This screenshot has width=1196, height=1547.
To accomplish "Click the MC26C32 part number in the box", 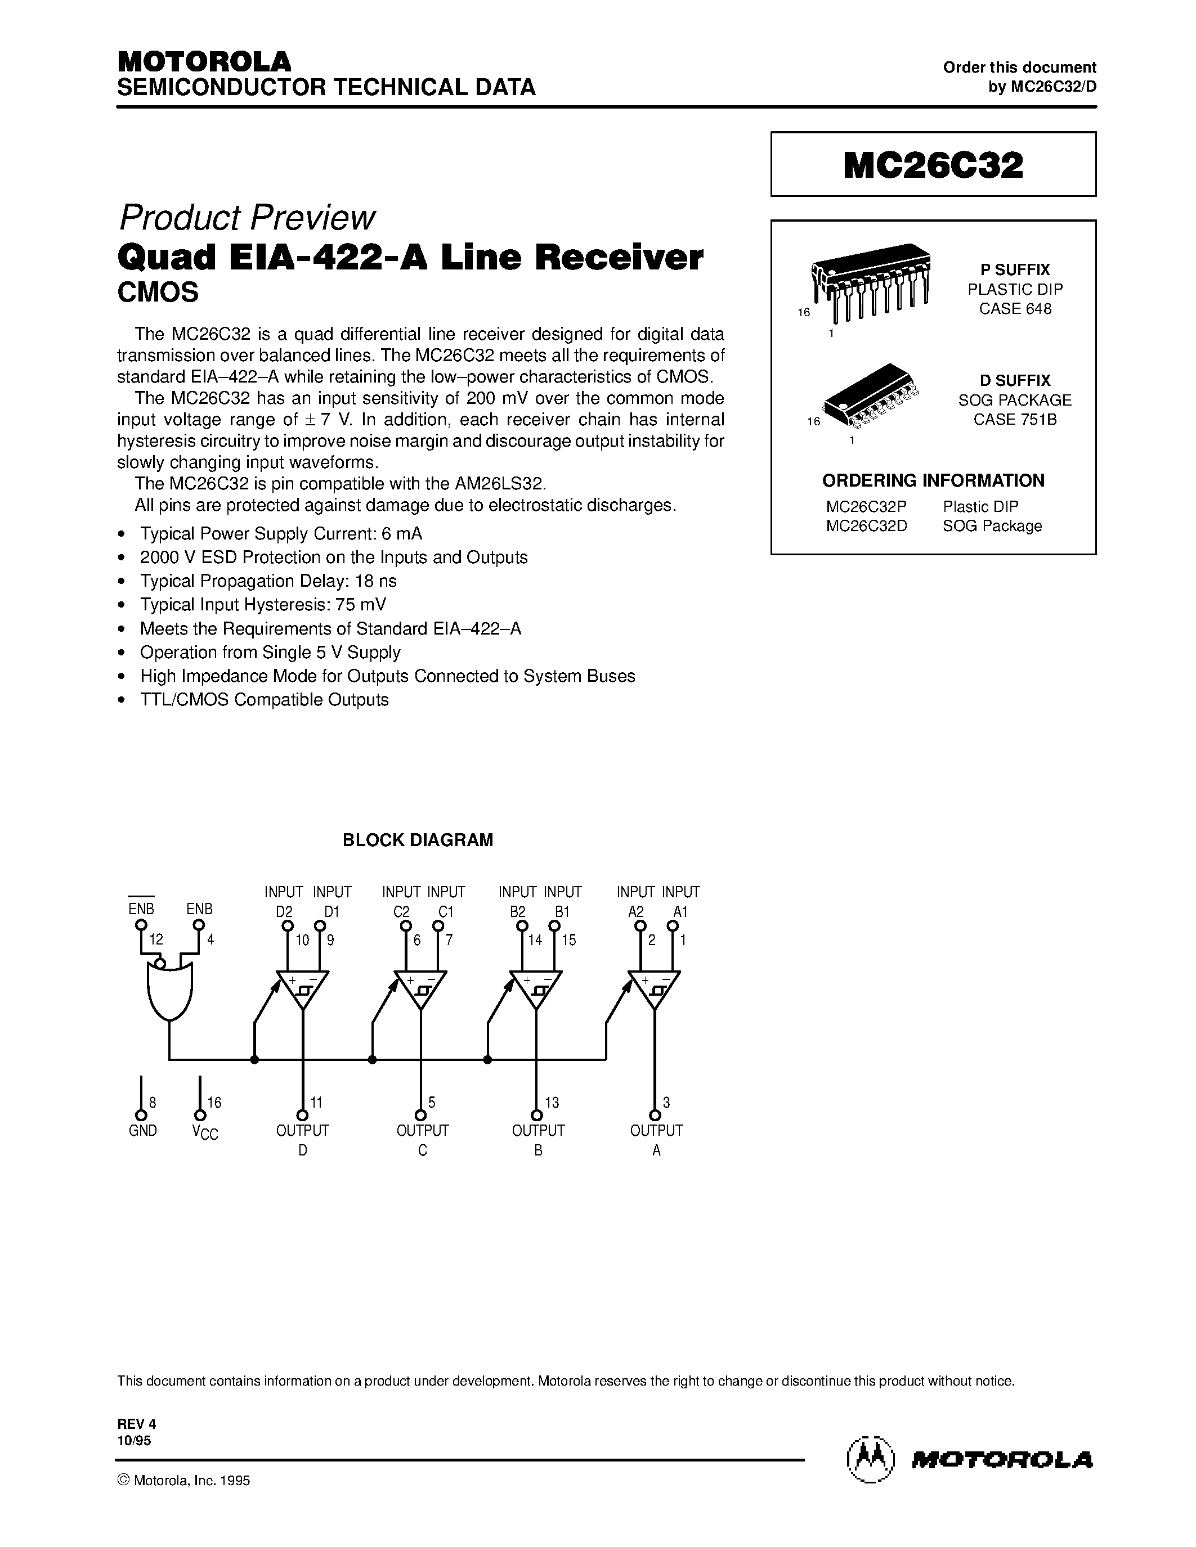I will point(933,165).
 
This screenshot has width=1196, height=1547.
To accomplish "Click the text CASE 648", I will point(1015,309).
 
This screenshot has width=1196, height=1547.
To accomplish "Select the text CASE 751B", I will point(1015,419).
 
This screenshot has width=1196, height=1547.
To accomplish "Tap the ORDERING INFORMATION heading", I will point(933,480).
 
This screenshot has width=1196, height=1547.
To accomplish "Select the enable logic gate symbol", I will point(169,990).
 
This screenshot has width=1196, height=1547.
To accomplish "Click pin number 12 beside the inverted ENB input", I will point(156,939).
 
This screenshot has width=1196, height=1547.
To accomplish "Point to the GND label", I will point(142,1131).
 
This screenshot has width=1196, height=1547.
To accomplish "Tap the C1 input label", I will point(445,912).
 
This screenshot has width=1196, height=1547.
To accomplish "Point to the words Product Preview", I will point(247,218).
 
